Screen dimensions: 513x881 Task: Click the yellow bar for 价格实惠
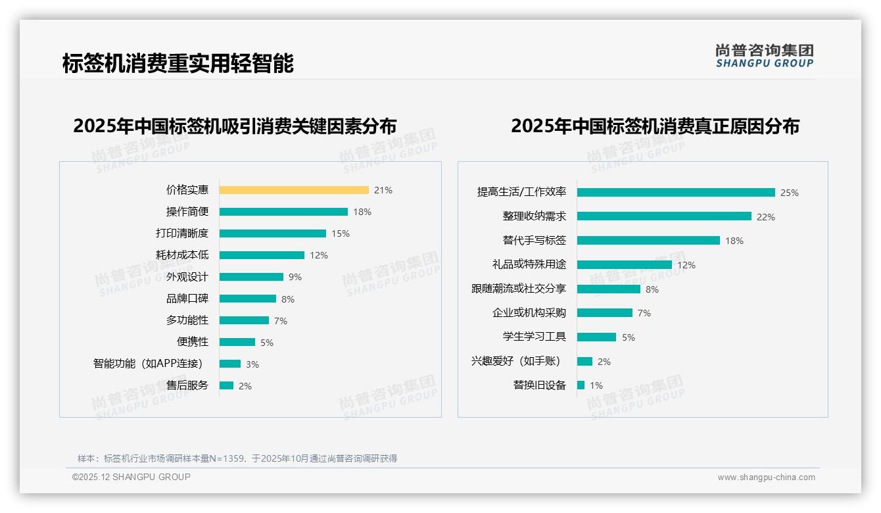[x=294, y=190]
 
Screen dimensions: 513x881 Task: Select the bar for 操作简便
[x=283, y=212]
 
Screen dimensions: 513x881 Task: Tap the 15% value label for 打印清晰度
[x=341, y=233]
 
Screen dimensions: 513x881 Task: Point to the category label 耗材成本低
[x=187, y=255]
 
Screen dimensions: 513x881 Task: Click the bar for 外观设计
[x=251, y=277]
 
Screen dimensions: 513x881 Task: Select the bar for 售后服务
[x=226, y=385]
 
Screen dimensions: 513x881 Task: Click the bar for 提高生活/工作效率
[x=676, y=193]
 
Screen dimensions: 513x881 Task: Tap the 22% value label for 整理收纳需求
[x=766, y=217]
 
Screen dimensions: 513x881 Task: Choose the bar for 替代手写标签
[x=648, y=241]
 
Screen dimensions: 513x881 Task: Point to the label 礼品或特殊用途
[x=529, y=264]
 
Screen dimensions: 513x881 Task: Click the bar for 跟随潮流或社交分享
[x=608, y=289]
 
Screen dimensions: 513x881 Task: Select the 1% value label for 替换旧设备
[x=596, y=385]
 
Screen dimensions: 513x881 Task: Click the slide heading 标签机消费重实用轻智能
[x=178, y=63]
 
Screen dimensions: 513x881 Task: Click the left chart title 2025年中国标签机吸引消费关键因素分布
[x=235, y=126]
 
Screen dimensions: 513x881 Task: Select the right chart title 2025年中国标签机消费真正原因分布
[x=655, y=126]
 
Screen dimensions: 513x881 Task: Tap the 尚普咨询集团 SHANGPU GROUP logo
[x=765, y=56]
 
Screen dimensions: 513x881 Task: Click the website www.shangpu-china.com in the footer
[x=766, y=477]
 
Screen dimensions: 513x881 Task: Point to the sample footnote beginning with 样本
[x=237, y=458]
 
